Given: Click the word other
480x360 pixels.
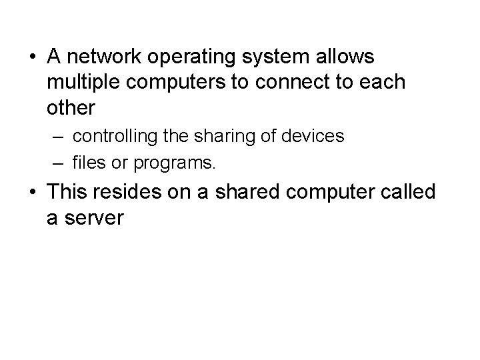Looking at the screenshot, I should [72, 107].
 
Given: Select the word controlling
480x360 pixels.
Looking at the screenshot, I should [115, 137].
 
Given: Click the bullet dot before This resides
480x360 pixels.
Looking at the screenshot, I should [31, 192].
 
